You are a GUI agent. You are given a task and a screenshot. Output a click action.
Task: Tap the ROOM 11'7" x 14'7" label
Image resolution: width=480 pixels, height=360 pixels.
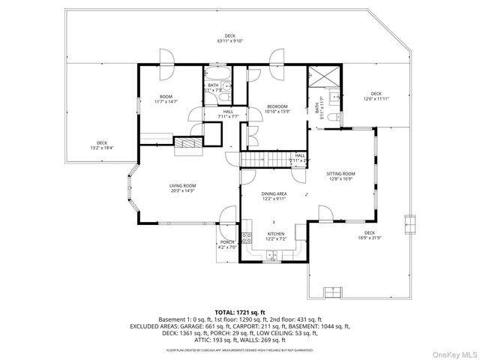[x=166, y=99]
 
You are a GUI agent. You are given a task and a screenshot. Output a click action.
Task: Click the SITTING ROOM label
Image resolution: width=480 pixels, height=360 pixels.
[x=340, y=175]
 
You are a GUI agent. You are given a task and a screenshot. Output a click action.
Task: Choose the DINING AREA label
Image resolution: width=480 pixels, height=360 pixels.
[x=273, y=196]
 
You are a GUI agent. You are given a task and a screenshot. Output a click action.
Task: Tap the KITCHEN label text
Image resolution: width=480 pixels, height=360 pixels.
[x=276, y=236]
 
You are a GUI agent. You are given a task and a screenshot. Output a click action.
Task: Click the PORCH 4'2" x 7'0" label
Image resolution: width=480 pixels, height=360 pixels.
[x=227, y=244]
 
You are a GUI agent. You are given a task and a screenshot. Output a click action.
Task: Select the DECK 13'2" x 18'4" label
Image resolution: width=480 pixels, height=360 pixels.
[x=101, y=145]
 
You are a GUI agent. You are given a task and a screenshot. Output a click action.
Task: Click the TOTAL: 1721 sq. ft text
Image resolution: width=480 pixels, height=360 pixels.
[x=240, y=311]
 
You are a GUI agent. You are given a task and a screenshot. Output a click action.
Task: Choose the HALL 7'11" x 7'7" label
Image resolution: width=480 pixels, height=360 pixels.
[x=228, y=114]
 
